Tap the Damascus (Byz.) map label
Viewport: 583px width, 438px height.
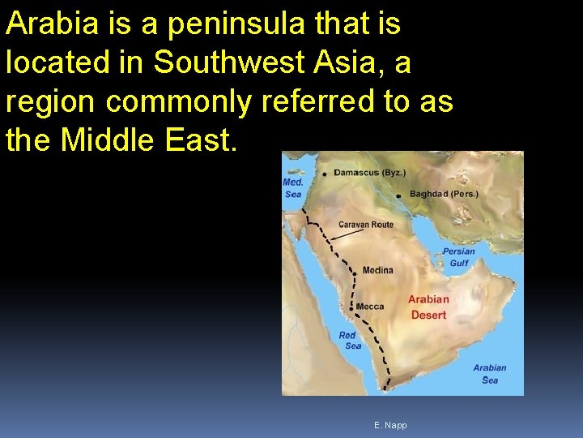tap(370, 173)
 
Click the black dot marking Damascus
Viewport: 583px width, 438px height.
tap(325, 174)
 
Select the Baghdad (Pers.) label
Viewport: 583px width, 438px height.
tap(444, 194)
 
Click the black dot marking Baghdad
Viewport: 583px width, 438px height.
tap(399, 195)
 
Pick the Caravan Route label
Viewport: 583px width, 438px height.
tap(366, 225)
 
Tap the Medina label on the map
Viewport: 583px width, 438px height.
tap(377, 270)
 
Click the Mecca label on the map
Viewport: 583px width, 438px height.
tap(370, 307)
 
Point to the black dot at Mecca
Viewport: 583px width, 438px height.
tap(351, 307)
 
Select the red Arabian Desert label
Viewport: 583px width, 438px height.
tap(428, 307)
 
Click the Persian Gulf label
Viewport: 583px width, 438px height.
tap(458, 257)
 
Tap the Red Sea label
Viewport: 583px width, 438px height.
tap(350, 341)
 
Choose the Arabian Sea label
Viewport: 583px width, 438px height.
tap(489, 374)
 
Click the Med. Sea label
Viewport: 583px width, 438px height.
tap(293, 188)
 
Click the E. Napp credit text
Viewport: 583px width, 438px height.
tap(390, 425)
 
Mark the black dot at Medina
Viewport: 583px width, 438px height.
tap(354, 274)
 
